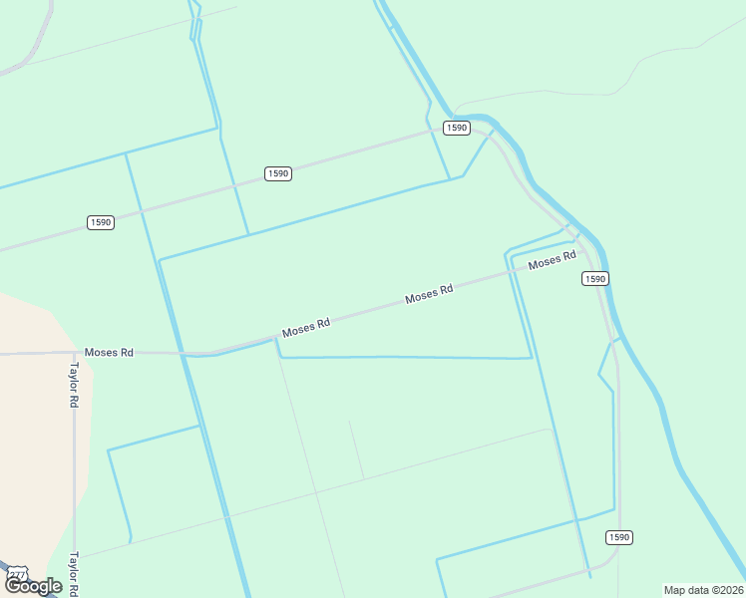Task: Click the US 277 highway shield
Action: [x=17, y=575]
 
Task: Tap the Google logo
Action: [x=33, y=586]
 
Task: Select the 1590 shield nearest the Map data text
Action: [x=619, y=537]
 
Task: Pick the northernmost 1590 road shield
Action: [x=456, y=128]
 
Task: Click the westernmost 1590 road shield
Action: [x=100, y=221]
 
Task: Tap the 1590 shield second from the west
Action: [x=278, y=173]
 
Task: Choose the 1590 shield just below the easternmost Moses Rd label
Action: [x=594, y=279]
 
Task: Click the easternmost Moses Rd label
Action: [x=553, y=260]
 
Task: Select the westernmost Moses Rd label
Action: [x=109, y=352]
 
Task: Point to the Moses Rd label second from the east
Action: [x=429, y=294]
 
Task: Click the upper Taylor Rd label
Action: [x=74, y=384]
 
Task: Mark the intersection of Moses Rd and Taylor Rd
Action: [x=74, y=352]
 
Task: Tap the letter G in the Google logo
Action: [x=13, y=586]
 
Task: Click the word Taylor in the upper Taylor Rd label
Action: [x=74, y=377]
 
